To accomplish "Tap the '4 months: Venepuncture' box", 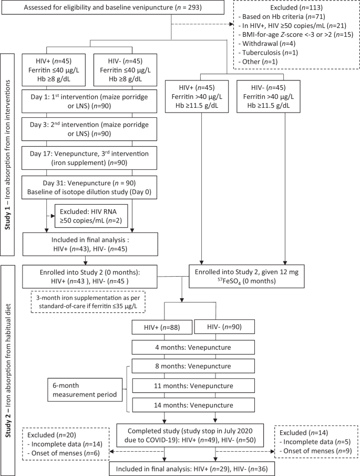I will (193, 348).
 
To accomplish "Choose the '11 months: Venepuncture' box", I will (193, 386).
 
